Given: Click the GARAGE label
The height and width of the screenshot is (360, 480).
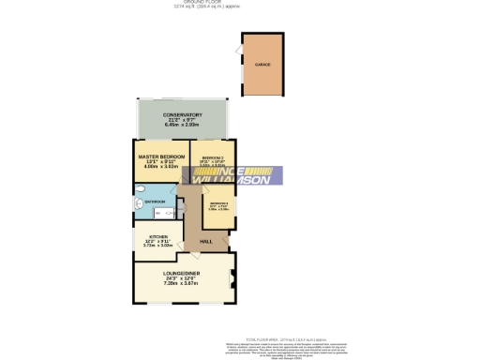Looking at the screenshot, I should (262, 65).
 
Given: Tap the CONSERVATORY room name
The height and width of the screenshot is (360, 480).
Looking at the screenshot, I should (182, 115).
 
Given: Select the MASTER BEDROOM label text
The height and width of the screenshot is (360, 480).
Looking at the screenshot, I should (161, 156).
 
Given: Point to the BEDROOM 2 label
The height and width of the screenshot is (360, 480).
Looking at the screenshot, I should (212, 157).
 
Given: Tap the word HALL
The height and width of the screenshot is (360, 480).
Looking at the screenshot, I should (205, 243).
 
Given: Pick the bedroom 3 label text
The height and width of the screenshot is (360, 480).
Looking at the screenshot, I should (218, 203).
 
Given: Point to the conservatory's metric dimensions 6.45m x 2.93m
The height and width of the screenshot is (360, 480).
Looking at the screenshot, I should (182, 127).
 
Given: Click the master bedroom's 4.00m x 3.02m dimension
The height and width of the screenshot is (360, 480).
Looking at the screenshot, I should (161, 166).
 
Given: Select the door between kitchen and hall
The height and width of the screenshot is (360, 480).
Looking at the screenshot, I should (185, 246).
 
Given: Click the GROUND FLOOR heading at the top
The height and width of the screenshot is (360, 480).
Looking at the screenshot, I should (241, 3).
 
